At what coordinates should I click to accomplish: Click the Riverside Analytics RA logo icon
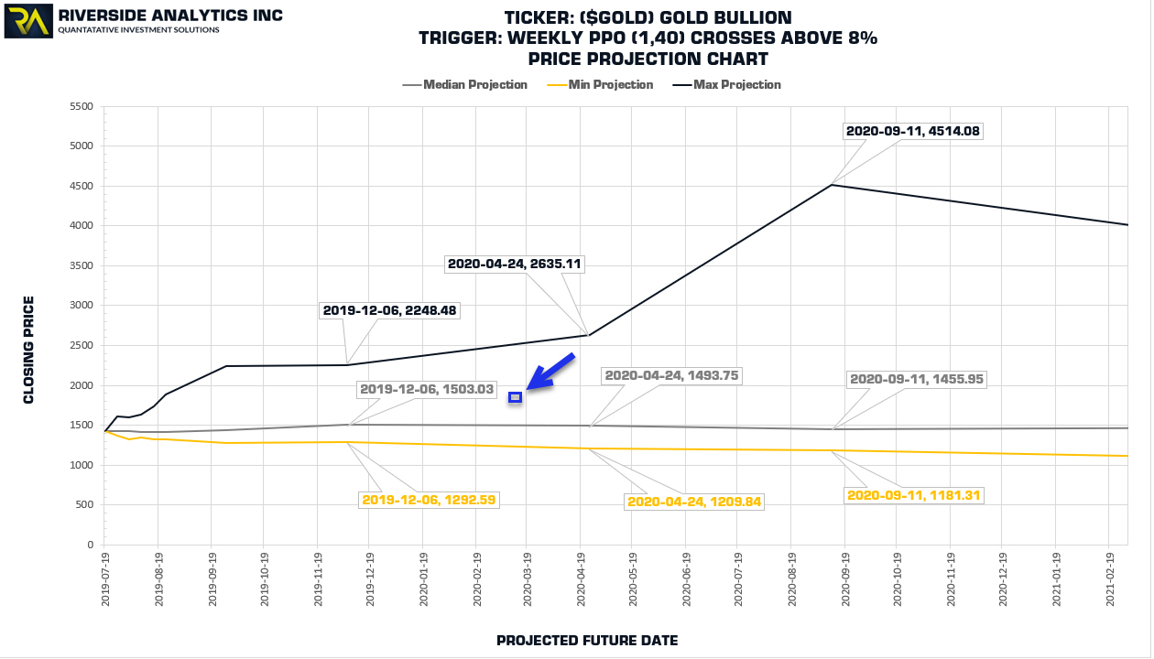pos(28,21)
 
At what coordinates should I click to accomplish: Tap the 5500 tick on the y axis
pos(81,106)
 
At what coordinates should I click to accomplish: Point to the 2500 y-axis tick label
pos(81,345)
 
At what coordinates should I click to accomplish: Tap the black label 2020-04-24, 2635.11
pos(515,264)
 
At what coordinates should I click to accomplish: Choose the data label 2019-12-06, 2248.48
pos(390,310)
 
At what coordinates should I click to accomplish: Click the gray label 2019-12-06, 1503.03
pos(427,389)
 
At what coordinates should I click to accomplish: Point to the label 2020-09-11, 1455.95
pos(917,378)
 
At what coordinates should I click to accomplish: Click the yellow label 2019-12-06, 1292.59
pos(429,500)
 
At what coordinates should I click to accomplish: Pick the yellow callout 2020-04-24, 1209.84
pos(694,502)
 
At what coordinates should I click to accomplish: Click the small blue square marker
pos(516,397)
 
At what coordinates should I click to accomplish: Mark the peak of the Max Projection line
pos(832,185)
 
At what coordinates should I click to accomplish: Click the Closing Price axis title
pos(28,349)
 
